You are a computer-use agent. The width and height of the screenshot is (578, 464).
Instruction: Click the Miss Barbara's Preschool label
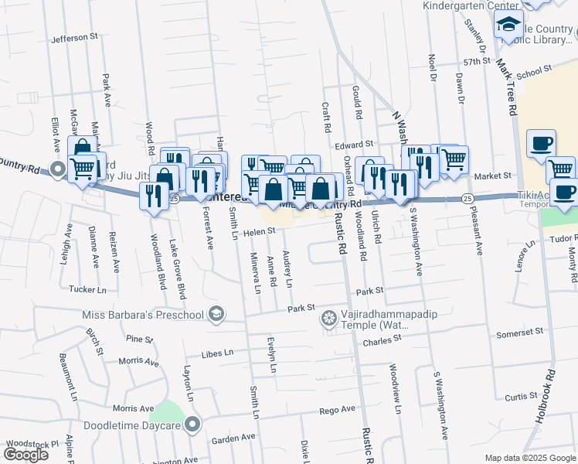click(x=143, y=315)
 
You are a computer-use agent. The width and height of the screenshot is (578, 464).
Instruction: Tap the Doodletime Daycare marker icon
click(x=193, y=424)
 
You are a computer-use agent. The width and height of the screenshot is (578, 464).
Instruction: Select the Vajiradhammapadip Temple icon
click(x=329, y=318)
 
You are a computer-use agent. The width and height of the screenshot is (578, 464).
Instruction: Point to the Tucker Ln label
click(x=87, y=289)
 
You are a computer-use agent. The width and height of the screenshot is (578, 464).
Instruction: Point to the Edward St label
click(x=354, y=145)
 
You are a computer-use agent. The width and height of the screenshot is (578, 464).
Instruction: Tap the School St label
click(x=534, y=71)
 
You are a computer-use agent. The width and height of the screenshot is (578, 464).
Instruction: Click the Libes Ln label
click(x=217, y=353)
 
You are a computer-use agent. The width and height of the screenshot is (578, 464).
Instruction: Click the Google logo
click(x=26, y=455)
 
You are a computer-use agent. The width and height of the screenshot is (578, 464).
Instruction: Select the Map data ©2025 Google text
click(x=529, y=458)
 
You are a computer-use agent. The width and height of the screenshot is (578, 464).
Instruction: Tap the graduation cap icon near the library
click(x=509, y=26)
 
